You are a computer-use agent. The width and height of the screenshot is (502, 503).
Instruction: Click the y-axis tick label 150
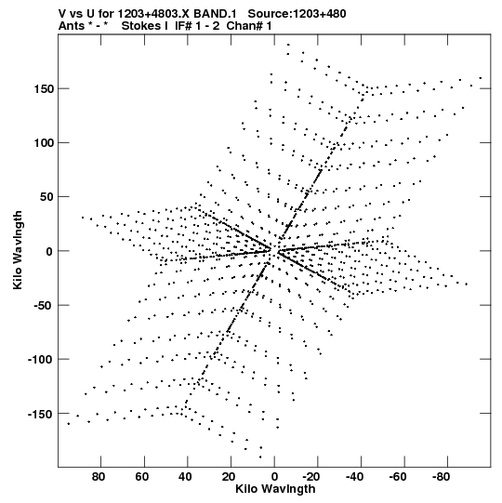[44, 89]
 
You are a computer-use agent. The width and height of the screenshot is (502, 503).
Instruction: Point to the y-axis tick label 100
[44, 143]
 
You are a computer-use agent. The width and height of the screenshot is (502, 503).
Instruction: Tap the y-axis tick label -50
[43, 305]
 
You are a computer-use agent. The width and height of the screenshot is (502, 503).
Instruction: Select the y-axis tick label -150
[40, 414]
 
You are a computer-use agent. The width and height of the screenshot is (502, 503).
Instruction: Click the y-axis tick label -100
[40, 360]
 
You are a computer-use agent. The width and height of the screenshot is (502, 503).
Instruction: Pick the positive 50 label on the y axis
[46, 197]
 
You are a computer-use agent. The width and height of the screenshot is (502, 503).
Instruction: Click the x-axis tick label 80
[99, 477]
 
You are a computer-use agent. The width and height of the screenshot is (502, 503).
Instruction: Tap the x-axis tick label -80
[441, 477]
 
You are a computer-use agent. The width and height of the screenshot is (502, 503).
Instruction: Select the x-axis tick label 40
[185, 477]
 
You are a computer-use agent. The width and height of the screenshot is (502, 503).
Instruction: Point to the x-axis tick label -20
[311, 477]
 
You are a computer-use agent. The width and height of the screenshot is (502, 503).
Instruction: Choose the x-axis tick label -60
[398, 477]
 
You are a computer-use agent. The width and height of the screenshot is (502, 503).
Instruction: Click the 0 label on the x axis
[274, 477]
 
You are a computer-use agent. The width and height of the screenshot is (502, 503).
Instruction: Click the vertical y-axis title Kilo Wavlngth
[18, 250]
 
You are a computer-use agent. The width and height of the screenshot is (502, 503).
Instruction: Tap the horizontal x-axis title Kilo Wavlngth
[275, 489]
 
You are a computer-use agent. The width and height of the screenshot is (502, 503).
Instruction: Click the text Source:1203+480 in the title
[297, 14]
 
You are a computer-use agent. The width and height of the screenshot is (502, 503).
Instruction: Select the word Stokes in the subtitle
[141, 26]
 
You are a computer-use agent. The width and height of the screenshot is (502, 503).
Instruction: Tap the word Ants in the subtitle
[72, 26]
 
